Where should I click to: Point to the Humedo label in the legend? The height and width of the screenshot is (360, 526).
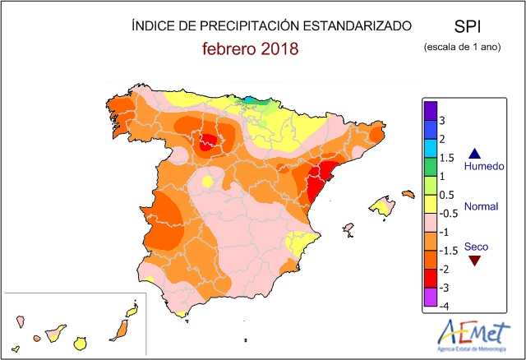[x=481, y=167]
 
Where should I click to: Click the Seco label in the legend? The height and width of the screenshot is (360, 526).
[x=475, y=246]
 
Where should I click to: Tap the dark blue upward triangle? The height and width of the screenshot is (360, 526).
[x=474, y=152]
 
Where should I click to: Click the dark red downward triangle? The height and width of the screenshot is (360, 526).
[x=474, y=261]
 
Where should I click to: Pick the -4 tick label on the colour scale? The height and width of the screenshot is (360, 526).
[x=443, y=307]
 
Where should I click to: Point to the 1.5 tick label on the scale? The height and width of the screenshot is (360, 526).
[x=447, y=158]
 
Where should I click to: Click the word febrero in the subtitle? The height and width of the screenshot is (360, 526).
[x=230, y=48]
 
